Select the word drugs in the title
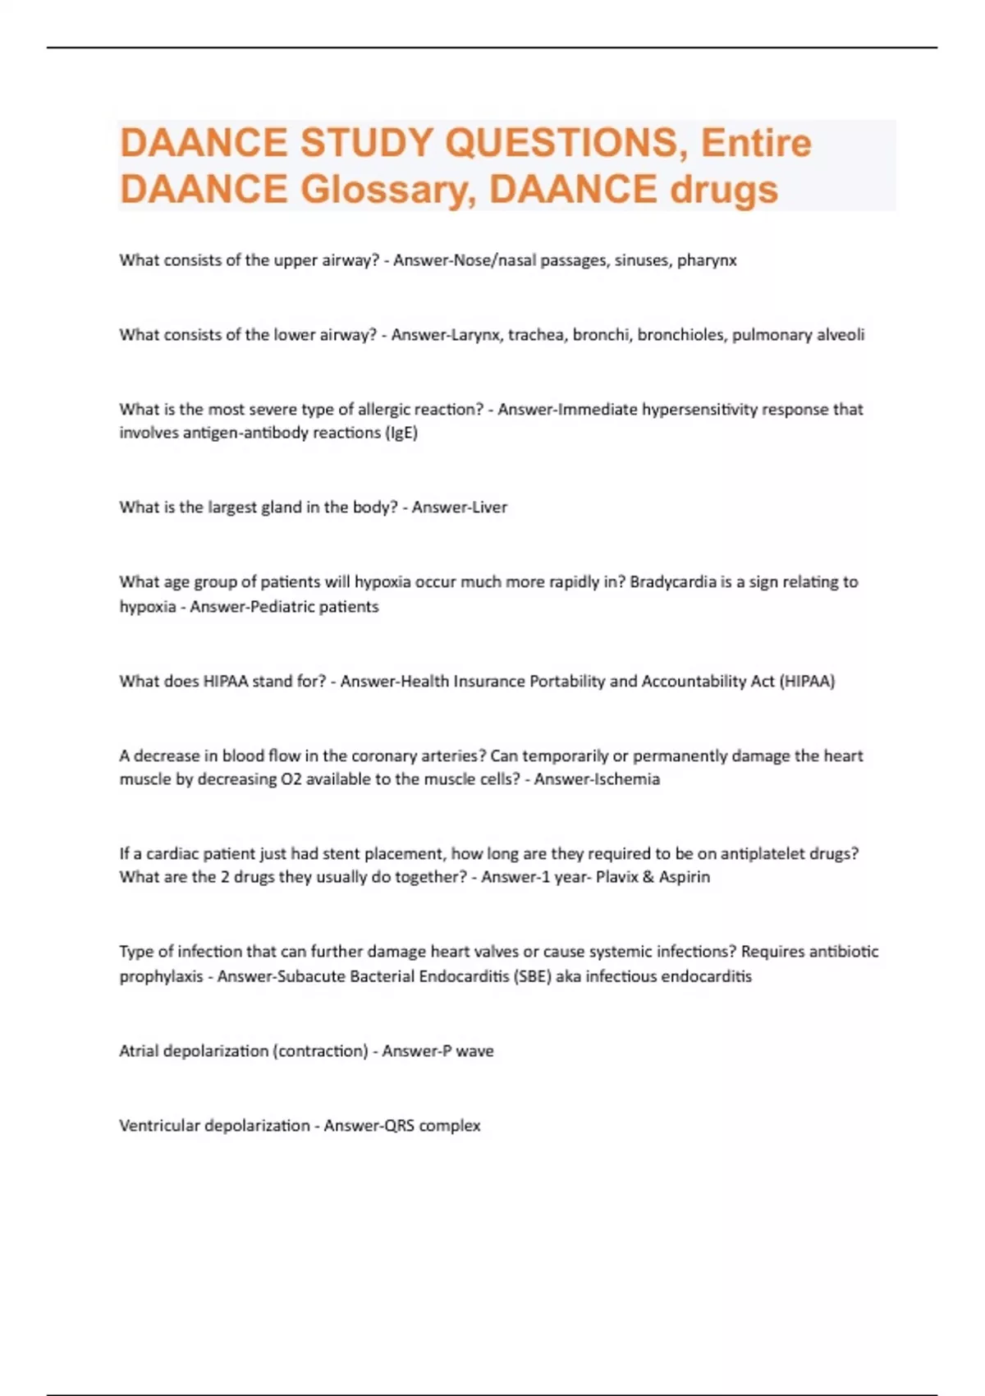(x=724, y=190)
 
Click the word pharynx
(x=707, y=260)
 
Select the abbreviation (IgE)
(x=401, y=433)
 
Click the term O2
(x=291, y=779)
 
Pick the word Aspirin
(x=685, y=877)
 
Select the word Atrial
(x=140, y=1051)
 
